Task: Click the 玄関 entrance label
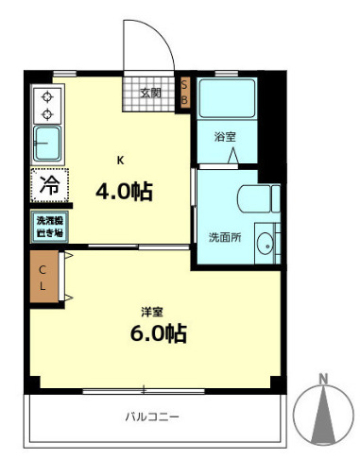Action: click(x=150, y=93)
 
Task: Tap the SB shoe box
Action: click(x=184, y=92)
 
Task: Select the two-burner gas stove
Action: click(x=46, y=105)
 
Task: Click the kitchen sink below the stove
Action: click(x=47, y=145)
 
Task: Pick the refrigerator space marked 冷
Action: click(x=47, y=185)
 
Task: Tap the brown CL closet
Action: click(x=43, y=277)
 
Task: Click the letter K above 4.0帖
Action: click(x=119, y=159)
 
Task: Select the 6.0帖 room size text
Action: click(x=157, y=332)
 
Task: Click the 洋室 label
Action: click(x=152, y=310)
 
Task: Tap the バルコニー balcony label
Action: click(x=152, y=416)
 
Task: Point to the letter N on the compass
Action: click(x=323, y=381)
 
